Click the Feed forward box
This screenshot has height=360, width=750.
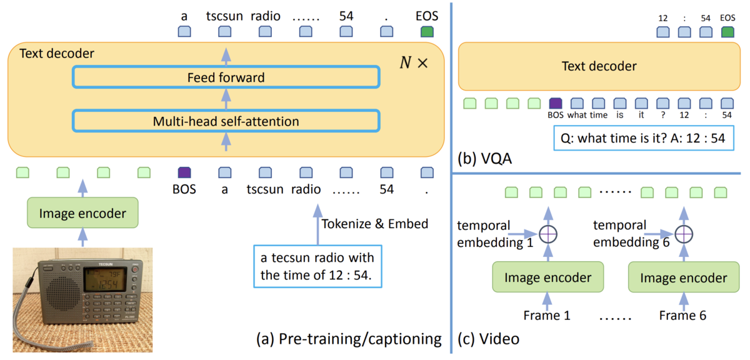(226, 77)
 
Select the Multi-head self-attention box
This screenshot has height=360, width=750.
(226, 121)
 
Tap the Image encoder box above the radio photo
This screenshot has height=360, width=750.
(82, 213)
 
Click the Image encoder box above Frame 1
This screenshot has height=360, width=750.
(547, 277)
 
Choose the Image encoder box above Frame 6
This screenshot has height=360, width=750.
(684, 277)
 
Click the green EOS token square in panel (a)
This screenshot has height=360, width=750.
(427, 31)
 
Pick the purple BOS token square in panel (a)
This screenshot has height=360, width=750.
(184, 172)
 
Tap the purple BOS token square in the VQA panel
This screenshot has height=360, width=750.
(556, 103)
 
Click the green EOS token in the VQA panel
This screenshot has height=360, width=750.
(727, 32)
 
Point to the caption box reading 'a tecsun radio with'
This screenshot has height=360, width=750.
(317, 267)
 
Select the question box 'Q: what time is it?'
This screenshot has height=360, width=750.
(644, 138)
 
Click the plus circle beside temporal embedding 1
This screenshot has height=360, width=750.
(548, 234)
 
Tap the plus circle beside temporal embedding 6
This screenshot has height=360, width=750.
(684, 234)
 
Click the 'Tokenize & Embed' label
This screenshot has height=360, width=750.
(374, 224)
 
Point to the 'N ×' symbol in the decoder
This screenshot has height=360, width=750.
(414, 62)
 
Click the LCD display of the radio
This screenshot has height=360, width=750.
(105, 279)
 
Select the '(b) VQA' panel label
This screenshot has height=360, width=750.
(485, 159)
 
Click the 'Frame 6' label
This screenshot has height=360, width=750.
(682, 316)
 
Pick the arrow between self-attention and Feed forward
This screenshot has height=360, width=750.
(226, 99)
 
